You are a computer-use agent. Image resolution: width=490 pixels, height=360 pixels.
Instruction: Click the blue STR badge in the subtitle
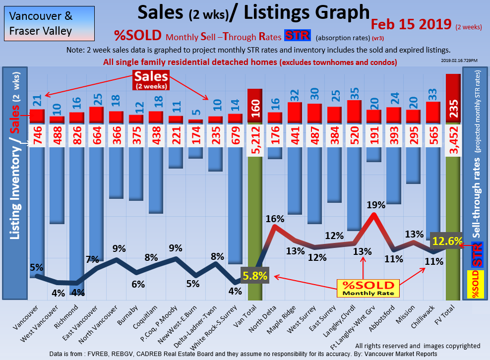tap(298, 36)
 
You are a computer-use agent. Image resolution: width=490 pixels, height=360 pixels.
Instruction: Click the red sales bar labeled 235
tap(453, 99)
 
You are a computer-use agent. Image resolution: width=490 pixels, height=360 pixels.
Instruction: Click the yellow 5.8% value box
tap(255, 276)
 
